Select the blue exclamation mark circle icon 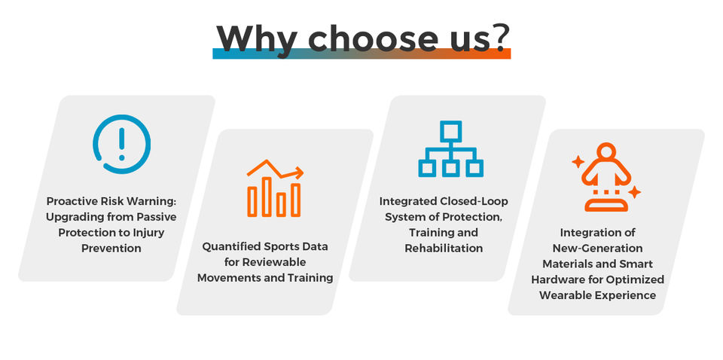[x=122, y=145]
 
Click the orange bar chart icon [x=275, y=188]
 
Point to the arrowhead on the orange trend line [x=299, y=172]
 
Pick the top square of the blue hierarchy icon [x=450, y=132]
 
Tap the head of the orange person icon [x=606, y=151]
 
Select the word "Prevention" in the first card [x=111, y=248]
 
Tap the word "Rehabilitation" [x=444, y=248]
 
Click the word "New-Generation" [x=597, y=248]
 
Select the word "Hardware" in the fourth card [x=556, y=279]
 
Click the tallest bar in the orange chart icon [x=267, y=197]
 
